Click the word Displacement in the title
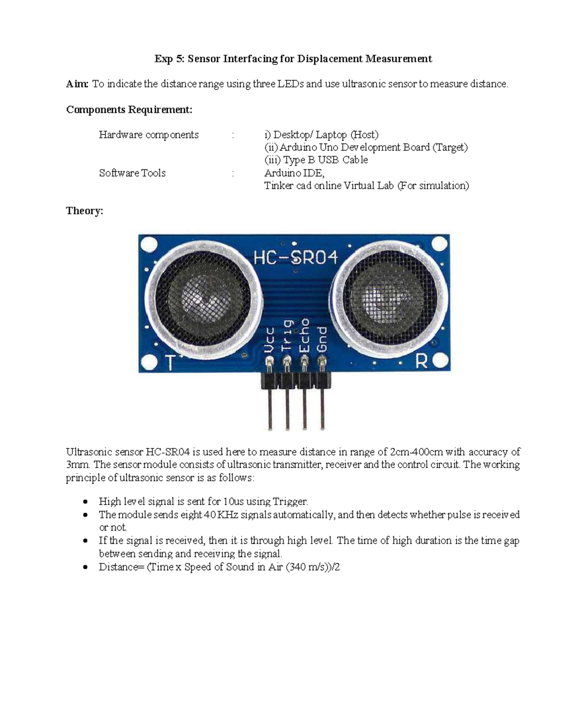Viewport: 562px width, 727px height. [330, 59]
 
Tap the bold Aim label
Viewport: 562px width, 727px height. [77, 84]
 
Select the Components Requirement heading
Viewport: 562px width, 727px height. [129, 110]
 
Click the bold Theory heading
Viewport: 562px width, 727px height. [84, 211]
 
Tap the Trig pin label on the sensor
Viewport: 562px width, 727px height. [287, 335]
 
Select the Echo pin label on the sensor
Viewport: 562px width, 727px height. [304, 335]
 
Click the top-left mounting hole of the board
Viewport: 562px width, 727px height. [149, 244]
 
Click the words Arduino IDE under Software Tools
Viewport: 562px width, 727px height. [294, 173]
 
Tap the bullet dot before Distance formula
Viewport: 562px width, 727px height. [85, 567]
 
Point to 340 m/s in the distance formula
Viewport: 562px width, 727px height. [307, 567]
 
